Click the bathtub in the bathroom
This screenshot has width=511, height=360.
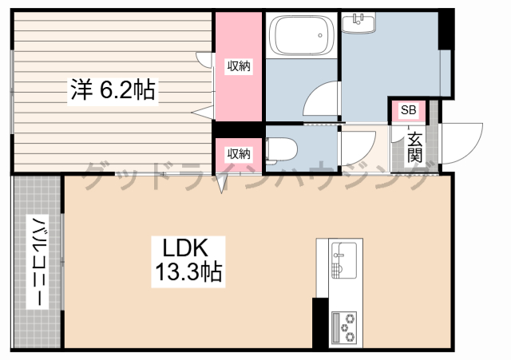click(302, 35)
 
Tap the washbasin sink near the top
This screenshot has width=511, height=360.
click(358, 22)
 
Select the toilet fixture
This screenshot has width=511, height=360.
click(281, 149)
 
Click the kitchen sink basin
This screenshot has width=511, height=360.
click(344, 261)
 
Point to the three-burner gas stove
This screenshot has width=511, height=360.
click(344, 328)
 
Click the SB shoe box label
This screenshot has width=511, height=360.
click(408, 110)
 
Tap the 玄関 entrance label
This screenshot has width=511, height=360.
click(414, 147)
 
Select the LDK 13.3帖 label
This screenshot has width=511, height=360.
click(188, 262)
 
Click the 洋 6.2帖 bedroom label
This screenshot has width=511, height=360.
click(113, 89)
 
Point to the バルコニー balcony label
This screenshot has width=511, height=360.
click(38, 262)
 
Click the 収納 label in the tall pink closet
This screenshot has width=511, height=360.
click(239, 66)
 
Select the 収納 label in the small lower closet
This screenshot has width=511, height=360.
click(239, 153)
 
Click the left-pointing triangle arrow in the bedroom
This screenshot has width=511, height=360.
click(202, 113)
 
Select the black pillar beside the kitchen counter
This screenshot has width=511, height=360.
click(320, 323)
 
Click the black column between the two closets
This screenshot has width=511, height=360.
click(238, 129)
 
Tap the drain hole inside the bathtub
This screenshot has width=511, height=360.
click(320, 35)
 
